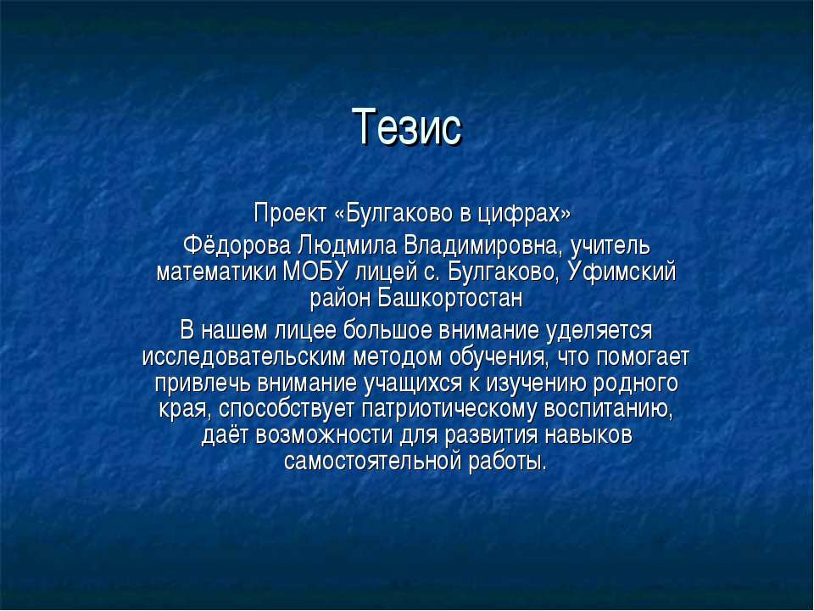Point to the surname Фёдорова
(237, 246)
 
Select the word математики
(216, 272)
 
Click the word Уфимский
(622, 272)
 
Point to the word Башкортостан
(450, 298)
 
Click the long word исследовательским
(244, 357)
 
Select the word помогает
(643, 357)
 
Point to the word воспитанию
(609, 409)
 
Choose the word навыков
(588, 435)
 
